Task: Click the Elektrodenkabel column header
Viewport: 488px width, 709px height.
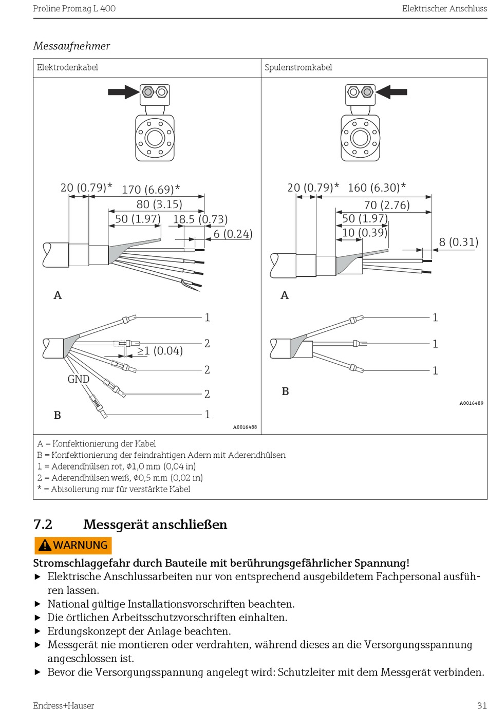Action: [x=67, y=67]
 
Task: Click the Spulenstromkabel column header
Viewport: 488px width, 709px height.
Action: [x=298, y=67]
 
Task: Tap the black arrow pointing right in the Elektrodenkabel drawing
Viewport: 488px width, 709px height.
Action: [x=123, y=92]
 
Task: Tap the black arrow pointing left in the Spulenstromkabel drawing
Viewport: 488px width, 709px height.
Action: [x=391, y=92]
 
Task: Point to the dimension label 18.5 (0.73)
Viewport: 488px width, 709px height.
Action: [x=200, y=219]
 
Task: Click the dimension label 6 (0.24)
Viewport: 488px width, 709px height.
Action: [x=233, y=234]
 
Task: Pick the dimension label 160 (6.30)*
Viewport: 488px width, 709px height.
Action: [x=377, y=188]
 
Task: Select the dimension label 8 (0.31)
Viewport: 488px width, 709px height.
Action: [x=458, y=242]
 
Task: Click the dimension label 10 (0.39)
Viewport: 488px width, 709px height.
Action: [x=364, y=233]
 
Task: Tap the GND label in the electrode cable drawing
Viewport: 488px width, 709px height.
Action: [x=79, y=379]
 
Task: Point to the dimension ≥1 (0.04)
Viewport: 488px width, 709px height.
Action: [x=160, y=351]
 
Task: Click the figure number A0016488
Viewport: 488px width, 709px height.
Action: [x=245, y=427]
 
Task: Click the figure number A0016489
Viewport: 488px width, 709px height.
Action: [x=471, y=403]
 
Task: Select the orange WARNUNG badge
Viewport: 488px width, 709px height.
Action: [x=73, y=545]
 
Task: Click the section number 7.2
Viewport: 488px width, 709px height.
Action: [x=43, y=525]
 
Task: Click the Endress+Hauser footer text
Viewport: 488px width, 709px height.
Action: [x=64, y=705]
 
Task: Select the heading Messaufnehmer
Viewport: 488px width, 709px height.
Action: [x=71, y=46]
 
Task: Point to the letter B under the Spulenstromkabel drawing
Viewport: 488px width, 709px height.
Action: [x=285, y=391]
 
